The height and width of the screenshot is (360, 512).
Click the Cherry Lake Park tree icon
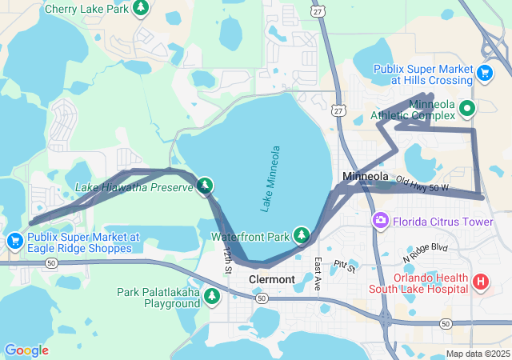click(x=141, y=9)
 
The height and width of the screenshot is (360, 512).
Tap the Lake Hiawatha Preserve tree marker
click(x=205, y=186)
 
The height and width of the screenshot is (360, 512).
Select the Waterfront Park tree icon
click(x=302, y=235)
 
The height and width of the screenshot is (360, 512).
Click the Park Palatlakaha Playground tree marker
click(x=212, y=297)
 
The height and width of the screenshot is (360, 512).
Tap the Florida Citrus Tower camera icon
click(x=380, y=220)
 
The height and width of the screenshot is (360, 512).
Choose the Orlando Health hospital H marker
click(x=481, y=282)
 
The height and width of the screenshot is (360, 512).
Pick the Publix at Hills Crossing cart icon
click(x=484, y=74)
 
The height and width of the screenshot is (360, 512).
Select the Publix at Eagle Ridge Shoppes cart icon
click(x=14, y=241)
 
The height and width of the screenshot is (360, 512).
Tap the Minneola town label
click(x=365, y=176)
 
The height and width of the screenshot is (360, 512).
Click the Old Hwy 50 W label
click(x=422, y=185)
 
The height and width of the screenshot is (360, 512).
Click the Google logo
click(x=26, y=350)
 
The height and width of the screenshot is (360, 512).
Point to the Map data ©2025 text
click(x=477, y=354)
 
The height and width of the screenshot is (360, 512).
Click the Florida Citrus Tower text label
click(x=442, y=220)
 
